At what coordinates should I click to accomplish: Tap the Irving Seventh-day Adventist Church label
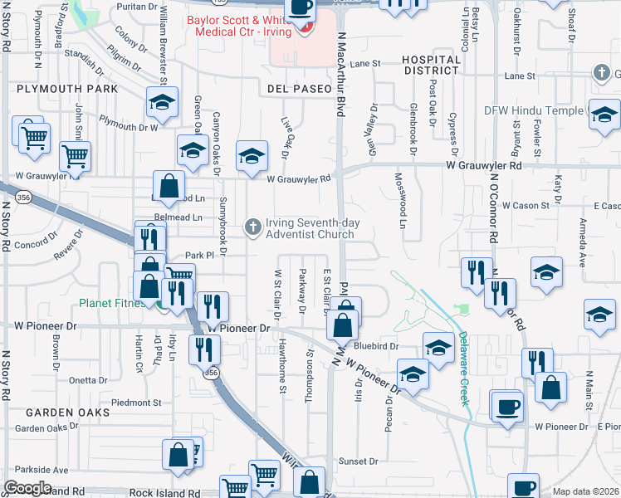[310, 228]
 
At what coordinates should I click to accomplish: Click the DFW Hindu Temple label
[533, 110]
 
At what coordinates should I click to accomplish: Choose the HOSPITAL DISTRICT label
[431, 66]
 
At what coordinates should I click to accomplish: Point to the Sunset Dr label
[358, 461]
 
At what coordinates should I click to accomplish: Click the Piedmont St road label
[138, 403]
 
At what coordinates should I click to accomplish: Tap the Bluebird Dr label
[377, 346]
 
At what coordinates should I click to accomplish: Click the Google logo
[27, 488]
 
